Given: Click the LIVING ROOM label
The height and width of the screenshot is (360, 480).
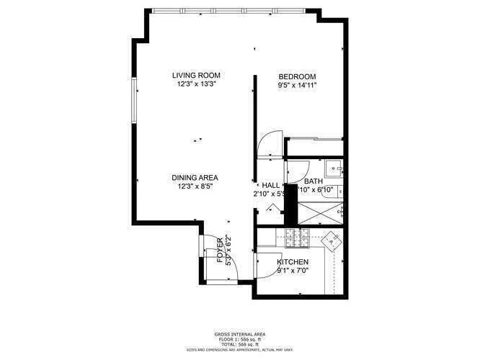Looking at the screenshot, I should pyautogui.click(x=196, y=75).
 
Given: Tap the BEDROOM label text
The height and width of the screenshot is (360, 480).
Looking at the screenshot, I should pyautogui.click(x=298, y=76).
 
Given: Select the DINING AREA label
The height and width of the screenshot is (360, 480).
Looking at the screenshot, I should pyautogui.click(x=195, y=178).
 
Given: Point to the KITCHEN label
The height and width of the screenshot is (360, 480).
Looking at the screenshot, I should pyautogui.click(x=293, y=262).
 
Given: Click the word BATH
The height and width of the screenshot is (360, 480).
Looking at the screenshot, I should pyautogui.click(x=313, y=182).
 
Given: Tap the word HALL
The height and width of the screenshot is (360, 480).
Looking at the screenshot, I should pyautogui.click(x=270, y=185).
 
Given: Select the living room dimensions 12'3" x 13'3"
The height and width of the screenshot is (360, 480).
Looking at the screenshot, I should pyautogui.click(x=196, y=84).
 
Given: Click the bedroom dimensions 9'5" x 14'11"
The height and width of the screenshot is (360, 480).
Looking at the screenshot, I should pyautogui.click(x=298, y=85).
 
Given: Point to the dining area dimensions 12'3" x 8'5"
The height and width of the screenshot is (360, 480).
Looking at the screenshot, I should pyautogui.click(x=195, y=186).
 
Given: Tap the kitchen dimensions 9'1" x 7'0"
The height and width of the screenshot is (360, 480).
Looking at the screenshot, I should pyautogui.click(x=293, y=271).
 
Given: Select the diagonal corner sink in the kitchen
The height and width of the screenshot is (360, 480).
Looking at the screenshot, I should pyautogui.click(x=332, y=240).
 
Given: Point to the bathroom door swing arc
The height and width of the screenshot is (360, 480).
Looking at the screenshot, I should pyautogui.click(x=295, y=171).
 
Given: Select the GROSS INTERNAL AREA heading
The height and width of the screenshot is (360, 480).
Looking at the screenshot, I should pyautogui.click(x=239, y=335).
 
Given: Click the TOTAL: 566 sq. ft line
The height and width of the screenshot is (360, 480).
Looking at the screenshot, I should pyautogui.click(x=239, y=344).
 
